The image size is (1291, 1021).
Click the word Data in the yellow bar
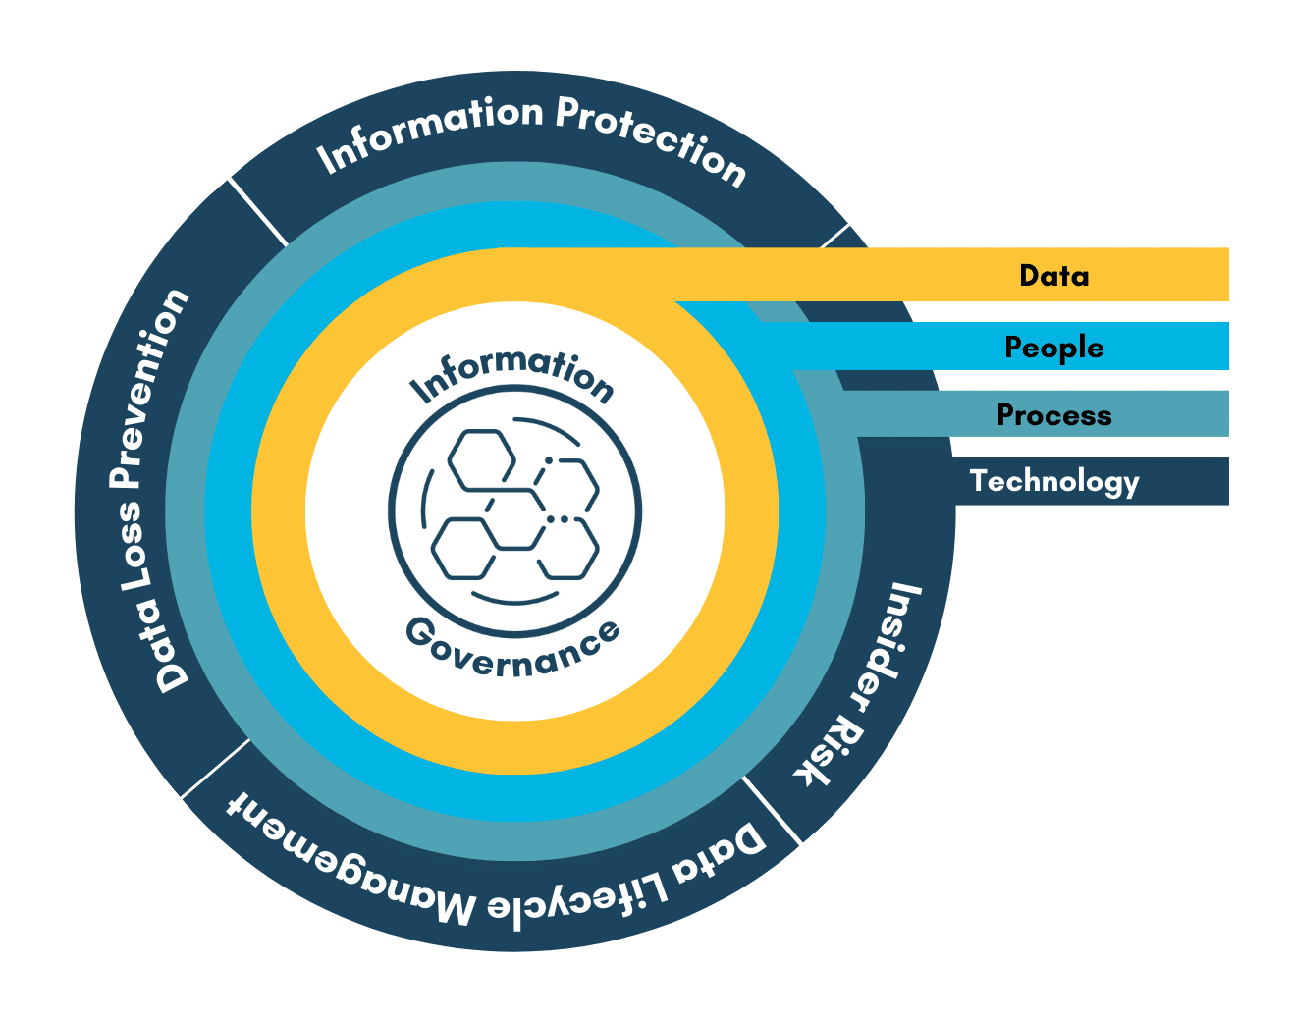click(x=1053, y=276)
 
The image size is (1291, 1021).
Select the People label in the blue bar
click(x=1053, y=348)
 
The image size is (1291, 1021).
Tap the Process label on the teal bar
click(x=1053, y=415)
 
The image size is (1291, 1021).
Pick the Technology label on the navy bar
click(x=1053, y=481)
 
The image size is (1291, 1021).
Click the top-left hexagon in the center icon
click(x=482, y=459)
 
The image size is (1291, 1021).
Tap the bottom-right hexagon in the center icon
click(x=566, y=549)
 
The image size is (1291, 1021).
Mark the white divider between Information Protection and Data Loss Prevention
click(x=259, y=212)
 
